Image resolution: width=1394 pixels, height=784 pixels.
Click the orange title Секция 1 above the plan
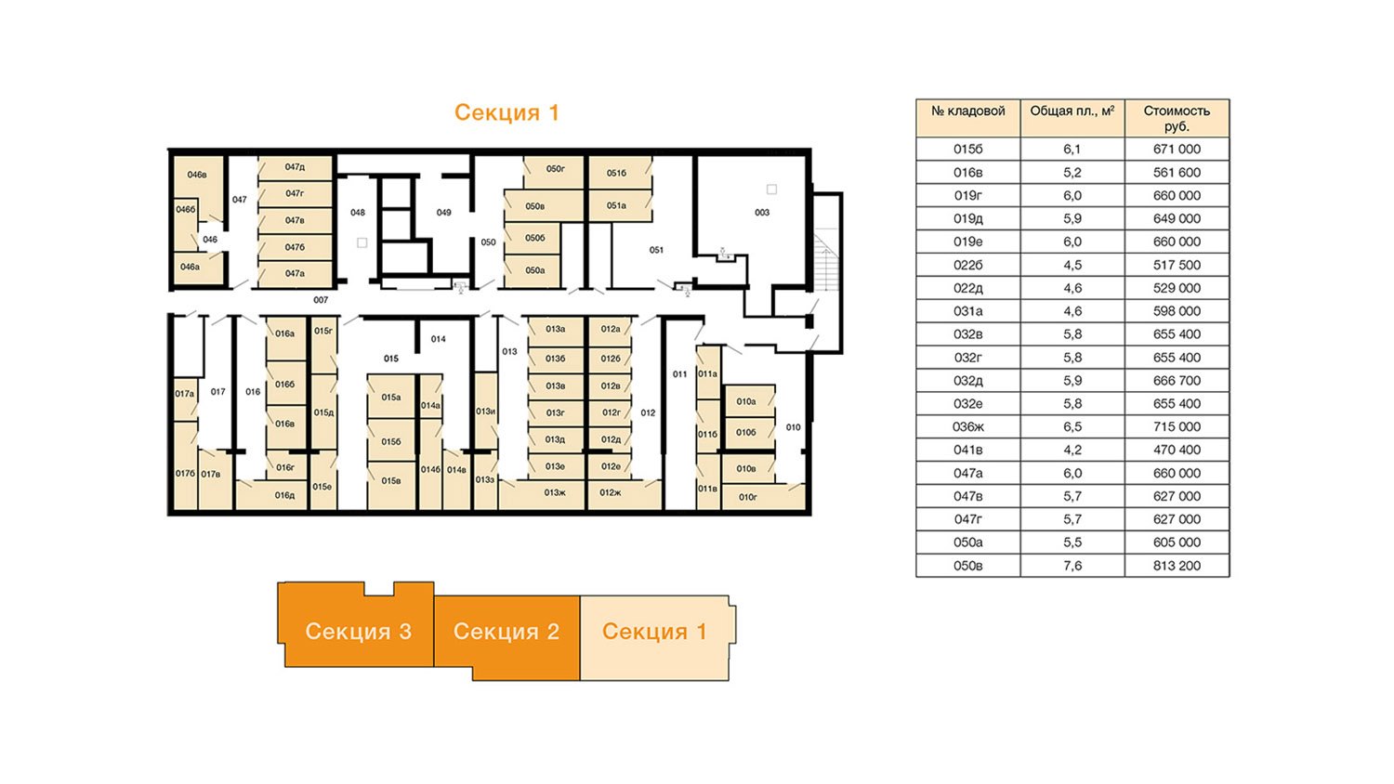coord(506,112)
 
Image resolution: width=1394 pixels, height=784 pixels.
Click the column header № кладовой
coord(967,111)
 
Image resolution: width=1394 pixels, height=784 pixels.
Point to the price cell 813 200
coord(1177,566)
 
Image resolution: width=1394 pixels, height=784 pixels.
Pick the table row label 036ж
coord(967,427)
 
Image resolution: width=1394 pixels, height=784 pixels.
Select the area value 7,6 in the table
coord(1072,566)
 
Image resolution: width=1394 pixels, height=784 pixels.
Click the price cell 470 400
coord(1177,450)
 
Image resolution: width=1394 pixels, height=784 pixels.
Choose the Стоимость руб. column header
coord(1177,118)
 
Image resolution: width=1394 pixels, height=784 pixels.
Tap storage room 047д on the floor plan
coord(295,167)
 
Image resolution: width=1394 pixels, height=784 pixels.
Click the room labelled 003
coord(762,212)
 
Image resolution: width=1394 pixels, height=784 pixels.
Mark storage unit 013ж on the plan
coord(555,493)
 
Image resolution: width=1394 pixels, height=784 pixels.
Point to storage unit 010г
coord(747,497)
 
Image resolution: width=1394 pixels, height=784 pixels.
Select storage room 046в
coord(197,175)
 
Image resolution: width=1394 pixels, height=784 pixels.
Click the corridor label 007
coord(321,300)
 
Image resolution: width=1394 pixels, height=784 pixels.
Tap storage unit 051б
coord(617,173)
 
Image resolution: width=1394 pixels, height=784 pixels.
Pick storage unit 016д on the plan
coord(284,495)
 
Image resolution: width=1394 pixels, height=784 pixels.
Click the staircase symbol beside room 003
coord(826,260)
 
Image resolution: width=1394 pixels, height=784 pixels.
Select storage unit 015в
coord(391,481)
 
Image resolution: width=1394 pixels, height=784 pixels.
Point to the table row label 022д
coord(967,288)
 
